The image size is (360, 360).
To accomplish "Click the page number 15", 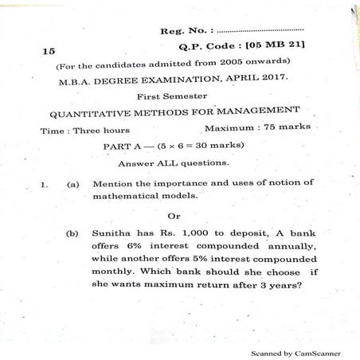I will click(49, 49).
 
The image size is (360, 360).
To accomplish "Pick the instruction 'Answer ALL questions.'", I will click(173, 163).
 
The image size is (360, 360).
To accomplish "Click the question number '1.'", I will click(45, 185).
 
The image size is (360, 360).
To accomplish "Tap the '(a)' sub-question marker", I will click(72, 184).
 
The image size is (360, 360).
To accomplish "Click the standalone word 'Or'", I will click(174, 215).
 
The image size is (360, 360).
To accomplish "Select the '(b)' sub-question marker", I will click(72, 234).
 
